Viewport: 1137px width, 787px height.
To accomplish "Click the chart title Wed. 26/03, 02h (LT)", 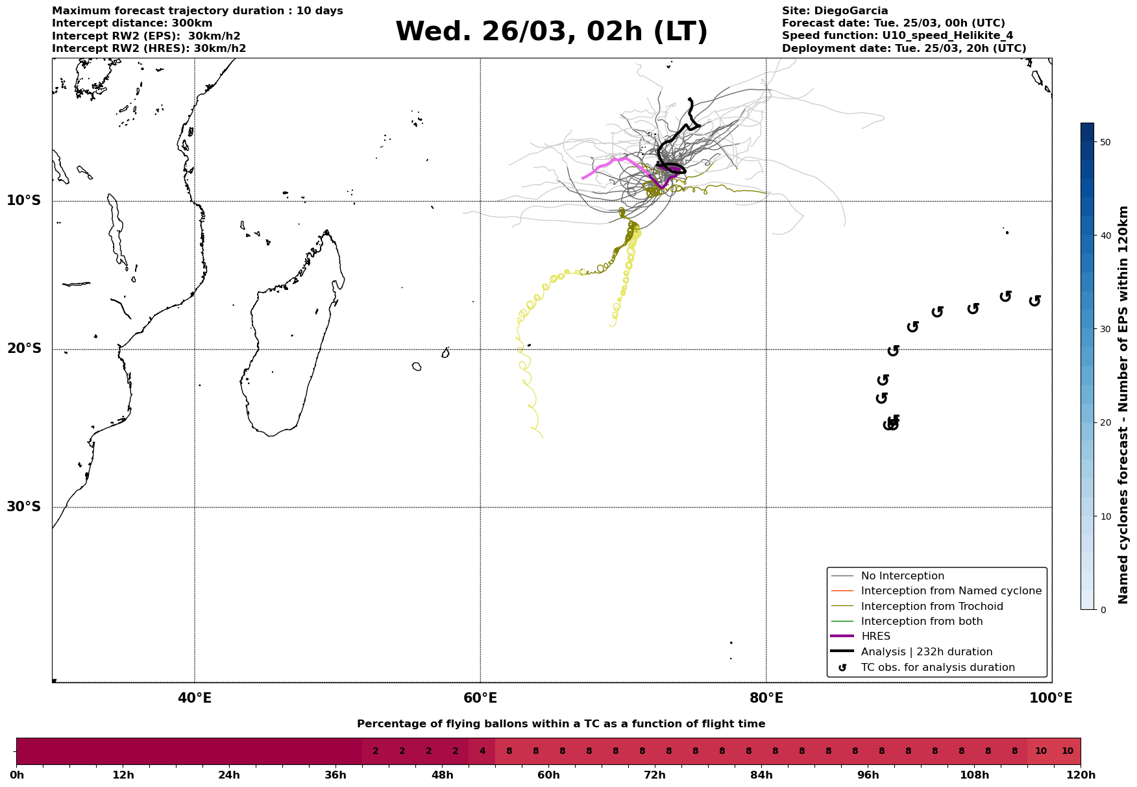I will [x=551, y=32].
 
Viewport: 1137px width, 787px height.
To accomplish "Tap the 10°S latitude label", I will [x=24, y=200].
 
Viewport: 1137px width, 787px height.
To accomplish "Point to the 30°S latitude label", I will [x=24, y=507].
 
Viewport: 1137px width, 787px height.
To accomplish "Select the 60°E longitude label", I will [x=480, y=698].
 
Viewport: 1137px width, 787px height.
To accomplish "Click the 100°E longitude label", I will [x=1051, y=698].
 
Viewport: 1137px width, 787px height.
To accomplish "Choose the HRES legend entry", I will [x=875, y=636].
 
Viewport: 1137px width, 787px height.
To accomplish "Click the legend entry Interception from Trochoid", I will [x=931, y=607].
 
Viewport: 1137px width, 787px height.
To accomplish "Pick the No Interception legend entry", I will [x=902, y=576].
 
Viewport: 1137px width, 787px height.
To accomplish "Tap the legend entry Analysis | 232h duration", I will [x=926, y=652].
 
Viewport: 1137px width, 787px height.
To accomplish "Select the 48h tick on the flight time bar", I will [x=442, y=775].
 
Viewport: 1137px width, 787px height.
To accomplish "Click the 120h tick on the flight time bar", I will [x=1080, y=775].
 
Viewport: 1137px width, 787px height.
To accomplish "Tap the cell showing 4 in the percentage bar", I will [x=482, y=751].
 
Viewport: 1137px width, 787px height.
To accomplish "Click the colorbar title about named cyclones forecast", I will [x=1124, y=405].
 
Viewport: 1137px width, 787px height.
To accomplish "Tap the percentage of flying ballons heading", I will [x=561, y=724].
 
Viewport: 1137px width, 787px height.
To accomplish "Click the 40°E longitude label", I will [x=195, y=698].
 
